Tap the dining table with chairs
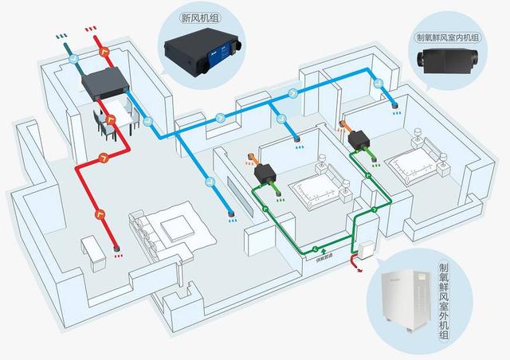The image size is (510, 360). tap(112, 120)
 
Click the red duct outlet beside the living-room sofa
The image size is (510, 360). tap(116, 249)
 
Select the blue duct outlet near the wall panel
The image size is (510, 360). tap(231, 213)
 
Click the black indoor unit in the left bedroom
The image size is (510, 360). tap(262, 173)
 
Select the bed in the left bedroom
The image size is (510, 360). tap(315, 187)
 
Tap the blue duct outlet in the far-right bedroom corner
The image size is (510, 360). tap(393, 104)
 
